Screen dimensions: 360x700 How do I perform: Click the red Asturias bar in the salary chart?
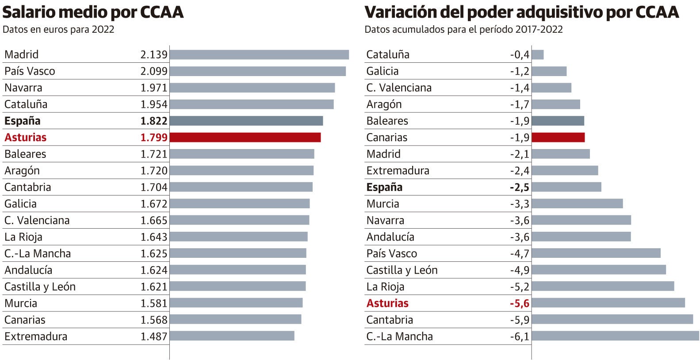point(245,138)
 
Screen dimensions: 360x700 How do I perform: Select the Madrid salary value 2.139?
point(154,54)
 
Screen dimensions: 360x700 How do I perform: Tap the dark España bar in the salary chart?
point(246,121)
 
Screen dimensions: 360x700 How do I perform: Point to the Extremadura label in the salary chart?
point(36,337)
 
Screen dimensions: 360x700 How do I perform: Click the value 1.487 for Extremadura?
point(154,337)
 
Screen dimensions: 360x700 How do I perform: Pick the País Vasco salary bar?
point(257,71)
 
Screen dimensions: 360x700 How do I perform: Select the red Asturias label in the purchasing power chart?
point(387,303)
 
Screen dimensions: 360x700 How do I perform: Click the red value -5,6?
point(519,303)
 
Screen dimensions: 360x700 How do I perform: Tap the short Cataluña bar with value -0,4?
point(538,55)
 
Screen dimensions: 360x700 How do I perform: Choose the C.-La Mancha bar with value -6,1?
point(615,336)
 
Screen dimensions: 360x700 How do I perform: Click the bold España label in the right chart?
point(384,187)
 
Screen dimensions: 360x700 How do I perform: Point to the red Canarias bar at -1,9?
point(558,138)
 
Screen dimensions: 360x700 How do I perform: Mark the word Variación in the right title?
point(400,12)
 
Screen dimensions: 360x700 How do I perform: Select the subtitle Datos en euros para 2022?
point(58,30)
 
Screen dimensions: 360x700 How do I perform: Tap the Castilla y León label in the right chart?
point(402,270)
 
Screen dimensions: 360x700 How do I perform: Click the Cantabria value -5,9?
point(519,320)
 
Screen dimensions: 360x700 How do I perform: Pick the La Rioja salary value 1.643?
point(154,237)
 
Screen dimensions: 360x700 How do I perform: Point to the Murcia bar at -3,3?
point(577,203)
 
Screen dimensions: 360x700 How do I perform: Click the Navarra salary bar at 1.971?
point(252,88)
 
